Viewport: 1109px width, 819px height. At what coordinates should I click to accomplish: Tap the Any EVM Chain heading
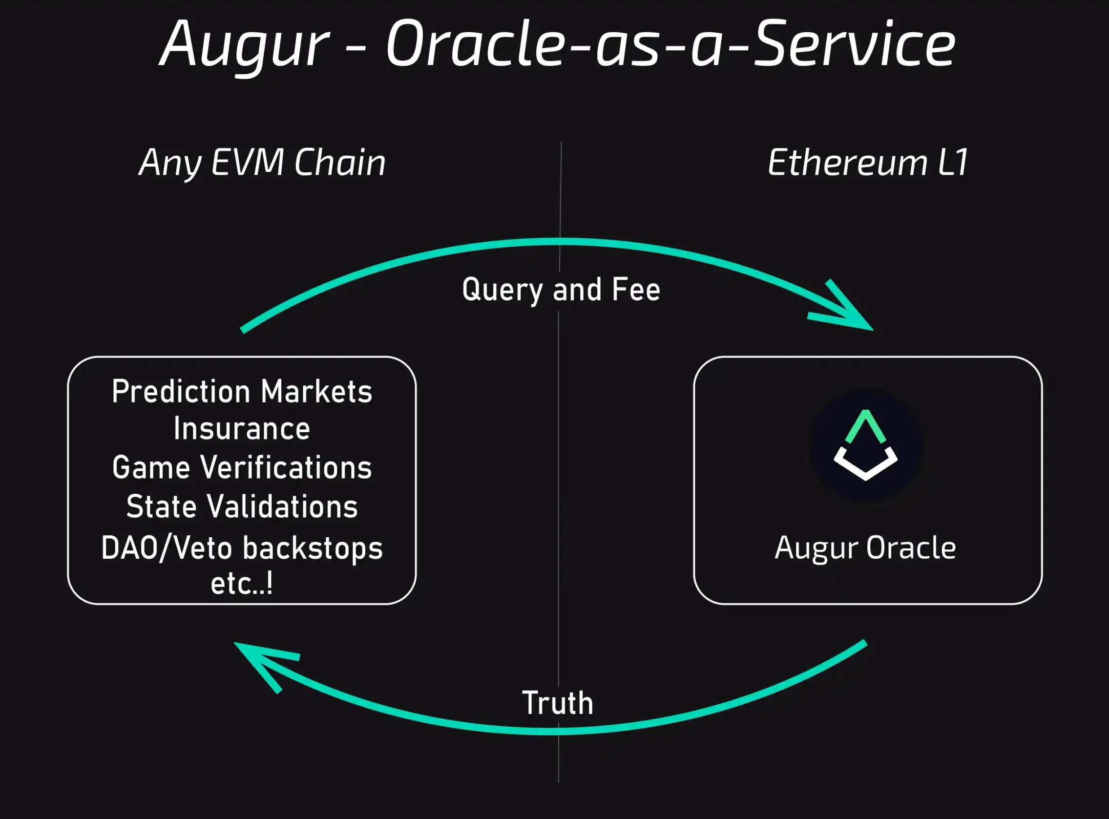[x=262, y=163]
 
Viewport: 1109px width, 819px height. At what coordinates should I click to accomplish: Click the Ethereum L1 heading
[x=868, y=163]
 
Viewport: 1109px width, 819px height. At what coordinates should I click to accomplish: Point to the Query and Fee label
[x=561, y=290]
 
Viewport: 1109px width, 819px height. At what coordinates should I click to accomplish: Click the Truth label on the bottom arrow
[x=558, y=703]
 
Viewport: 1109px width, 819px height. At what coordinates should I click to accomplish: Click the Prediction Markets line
[x=242, y=392]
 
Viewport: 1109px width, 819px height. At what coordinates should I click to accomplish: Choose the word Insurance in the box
[x=242, y=429]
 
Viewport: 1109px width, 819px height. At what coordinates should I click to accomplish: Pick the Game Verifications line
[x=242, y=467]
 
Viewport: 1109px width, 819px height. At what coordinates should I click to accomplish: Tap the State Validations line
[x=242, y=506]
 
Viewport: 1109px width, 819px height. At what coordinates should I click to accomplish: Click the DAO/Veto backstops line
[x=242, y=548]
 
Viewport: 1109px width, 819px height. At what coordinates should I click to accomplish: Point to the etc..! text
[x=242, y=584]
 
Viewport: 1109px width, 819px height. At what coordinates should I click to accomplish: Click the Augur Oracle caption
[x=866, y=548]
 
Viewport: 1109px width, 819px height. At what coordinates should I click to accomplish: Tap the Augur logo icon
[x=866, y=445]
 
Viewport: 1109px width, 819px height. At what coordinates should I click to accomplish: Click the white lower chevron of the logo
[x=866, y=466]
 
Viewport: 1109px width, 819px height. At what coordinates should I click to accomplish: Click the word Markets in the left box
[x=316, y=392]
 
